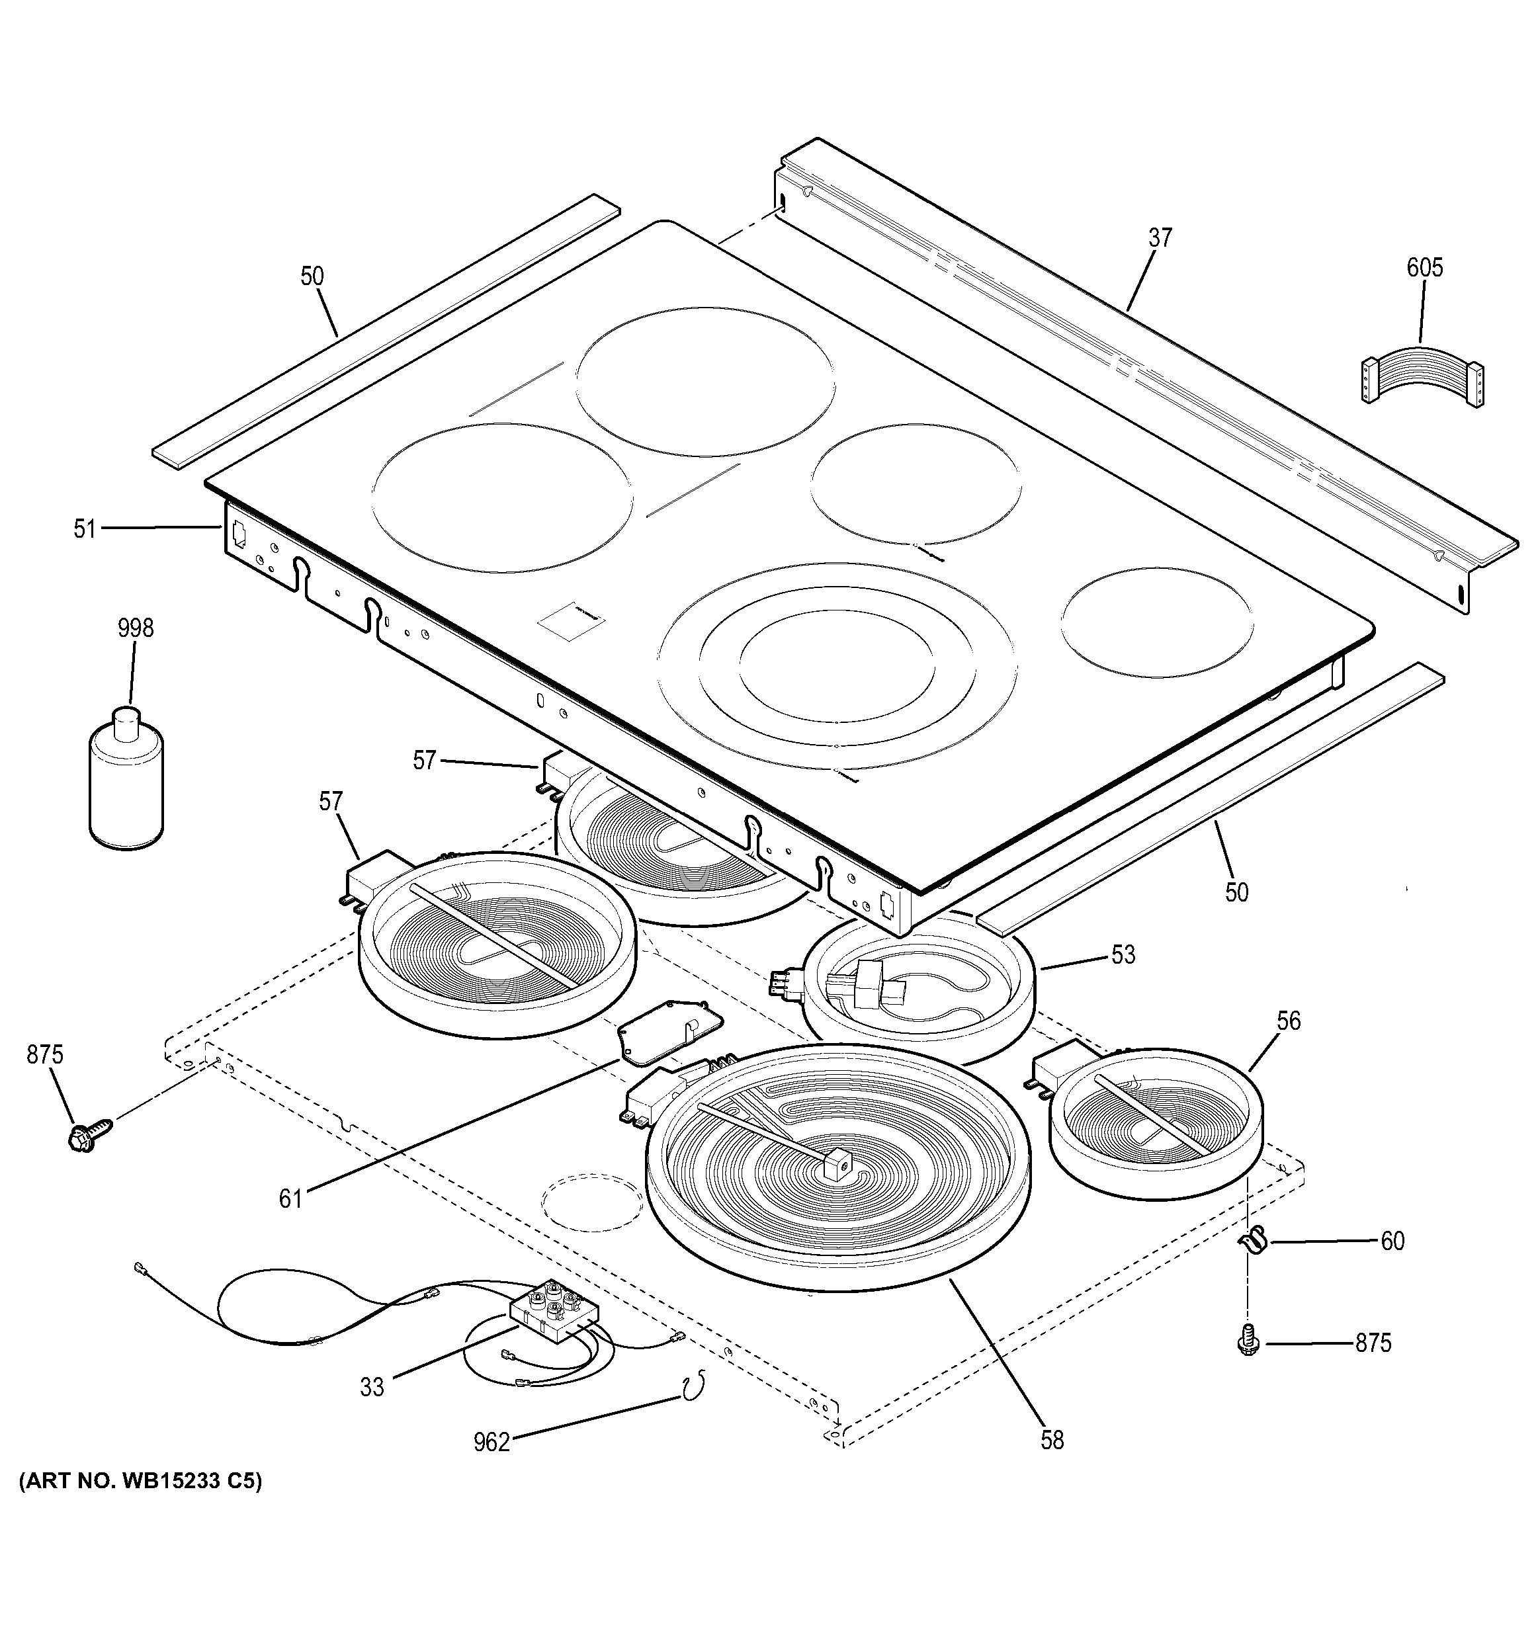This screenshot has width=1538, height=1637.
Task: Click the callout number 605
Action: [1424, 268]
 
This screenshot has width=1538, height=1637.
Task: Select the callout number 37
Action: [1160, 238]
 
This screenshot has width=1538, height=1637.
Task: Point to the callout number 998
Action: [135, 628]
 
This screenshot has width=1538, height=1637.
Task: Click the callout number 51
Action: [85, 528]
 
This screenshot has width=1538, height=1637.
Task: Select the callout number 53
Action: [1123, 954]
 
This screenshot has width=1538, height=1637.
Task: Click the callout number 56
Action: [1289, 1021]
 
